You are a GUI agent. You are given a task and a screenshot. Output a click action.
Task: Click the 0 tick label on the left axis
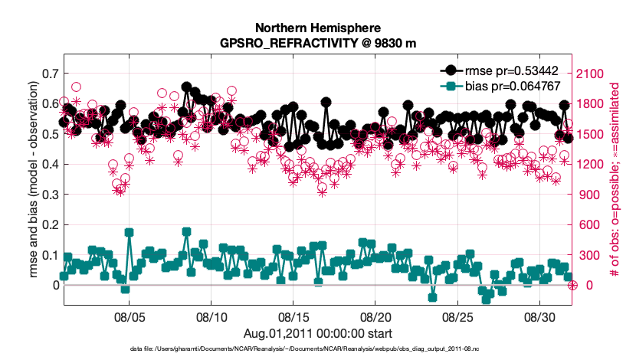coord(56,285)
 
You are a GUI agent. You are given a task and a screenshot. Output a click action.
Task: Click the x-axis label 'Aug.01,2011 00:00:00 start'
coord(318,332)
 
